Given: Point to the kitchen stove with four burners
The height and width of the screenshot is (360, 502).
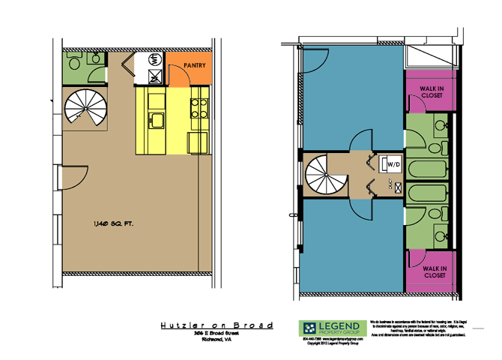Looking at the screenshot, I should [199, 109].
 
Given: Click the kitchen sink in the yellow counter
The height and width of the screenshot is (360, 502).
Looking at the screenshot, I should [157, 118].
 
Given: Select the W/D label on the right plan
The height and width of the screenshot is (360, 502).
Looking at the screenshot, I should [393, 163].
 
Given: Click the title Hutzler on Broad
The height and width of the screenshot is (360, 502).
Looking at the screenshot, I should [217, 325].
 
